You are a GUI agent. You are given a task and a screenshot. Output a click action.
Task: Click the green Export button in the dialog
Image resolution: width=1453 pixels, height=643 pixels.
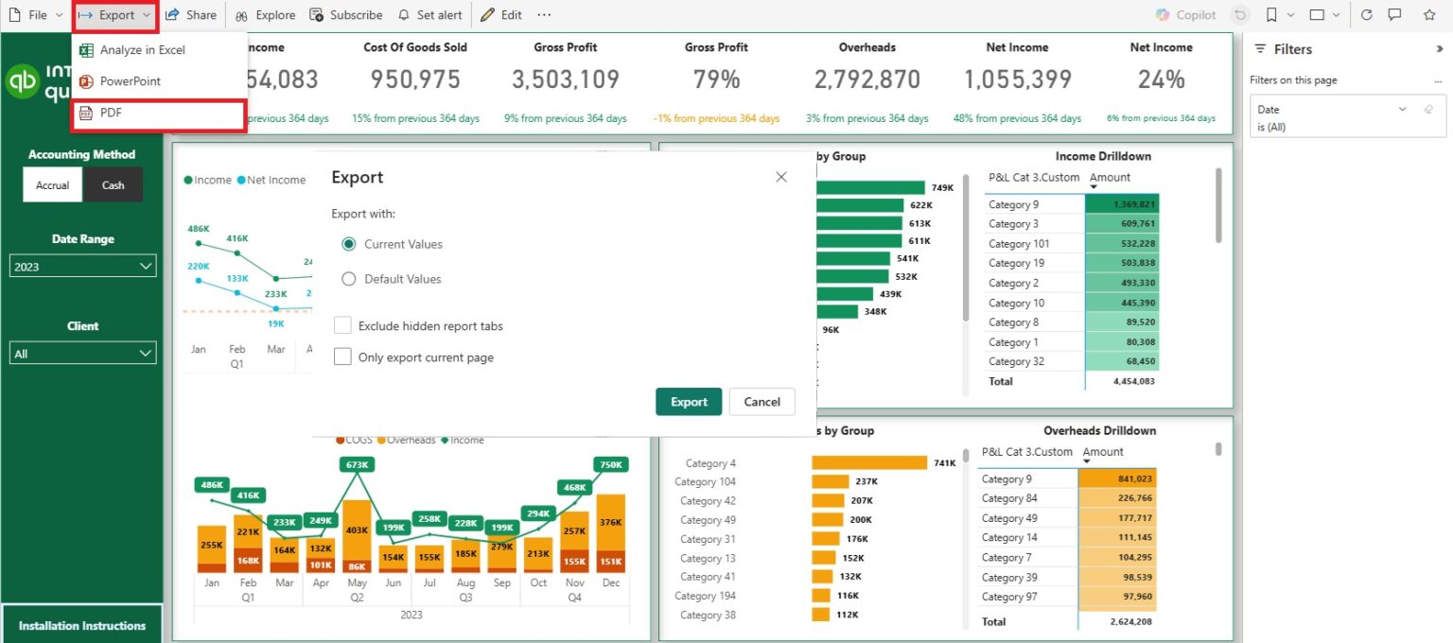(689, 402)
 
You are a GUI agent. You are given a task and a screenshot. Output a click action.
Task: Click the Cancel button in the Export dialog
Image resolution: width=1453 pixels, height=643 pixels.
(762, 402)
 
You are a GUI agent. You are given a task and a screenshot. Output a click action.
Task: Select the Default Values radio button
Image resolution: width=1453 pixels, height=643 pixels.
(348, 279)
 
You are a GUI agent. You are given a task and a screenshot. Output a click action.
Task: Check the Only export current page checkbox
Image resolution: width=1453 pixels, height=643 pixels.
(342, 357)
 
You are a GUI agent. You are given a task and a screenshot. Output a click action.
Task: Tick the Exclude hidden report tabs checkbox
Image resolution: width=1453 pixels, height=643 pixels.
(342, 325)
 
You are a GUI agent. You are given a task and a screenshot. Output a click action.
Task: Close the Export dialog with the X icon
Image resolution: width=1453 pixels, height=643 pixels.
(781, 177)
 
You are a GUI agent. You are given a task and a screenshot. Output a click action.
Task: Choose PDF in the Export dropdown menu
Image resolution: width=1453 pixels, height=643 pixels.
(159, 113)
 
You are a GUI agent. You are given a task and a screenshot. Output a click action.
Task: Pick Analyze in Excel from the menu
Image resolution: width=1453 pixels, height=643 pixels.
(142, 50)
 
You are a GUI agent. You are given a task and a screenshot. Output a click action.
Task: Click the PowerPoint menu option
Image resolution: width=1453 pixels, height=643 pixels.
(130, 81)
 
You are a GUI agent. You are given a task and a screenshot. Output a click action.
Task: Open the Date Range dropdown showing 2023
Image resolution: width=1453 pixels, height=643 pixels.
(82, 267)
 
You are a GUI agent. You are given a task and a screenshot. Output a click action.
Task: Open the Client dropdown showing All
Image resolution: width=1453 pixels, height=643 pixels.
(82, 354)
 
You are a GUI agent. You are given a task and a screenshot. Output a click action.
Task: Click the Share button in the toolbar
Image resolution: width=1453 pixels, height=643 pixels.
(191, 15)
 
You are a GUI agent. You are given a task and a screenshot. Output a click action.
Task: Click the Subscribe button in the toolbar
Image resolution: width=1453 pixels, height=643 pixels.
(347, 15)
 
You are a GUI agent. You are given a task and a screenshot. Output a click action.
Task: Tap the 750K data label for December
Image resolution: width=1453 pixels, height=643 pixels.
(611, 464)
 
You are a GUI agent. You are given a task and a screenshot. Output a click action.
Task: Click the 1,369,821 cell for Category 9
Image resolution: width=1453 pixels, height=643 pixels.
(1122, 204)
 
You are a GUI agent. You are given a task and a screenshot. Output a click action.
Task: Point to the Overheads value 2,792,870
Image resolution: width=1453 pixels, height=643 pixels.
(867, 80)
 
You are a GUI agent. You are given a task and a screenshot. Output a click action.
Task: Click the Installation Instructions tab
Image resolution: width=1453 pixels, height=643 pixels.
(82, 625)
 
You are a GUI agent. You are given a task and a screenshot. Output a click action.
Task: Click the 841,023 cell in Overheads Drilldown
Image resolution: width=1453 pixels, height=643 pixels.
(1117, 479)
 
